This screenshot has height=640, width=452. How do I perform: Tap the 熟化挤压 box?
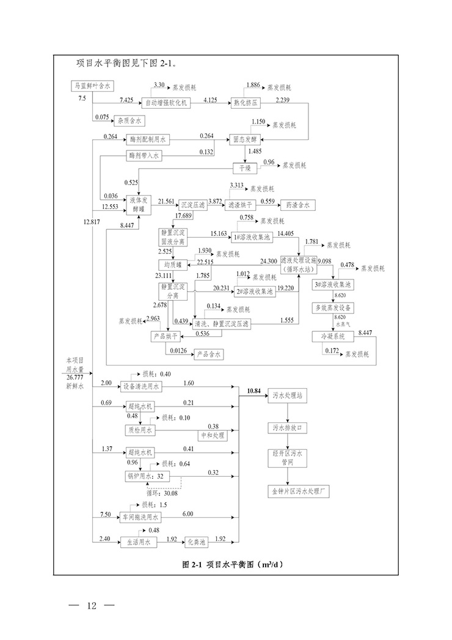coord(246,103)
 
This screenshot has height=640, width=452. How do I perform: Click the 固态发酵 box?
coord(246,139)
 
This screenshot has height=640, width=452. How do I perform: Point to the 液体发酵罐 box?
coord(140,204)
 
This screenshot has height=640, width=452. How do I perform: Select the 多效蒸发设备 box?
coord(334,307)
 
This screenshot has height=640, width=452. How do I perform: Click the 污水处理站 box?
coord(287,396)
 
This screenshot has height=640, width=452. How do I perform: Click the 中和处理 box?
coord(213,436)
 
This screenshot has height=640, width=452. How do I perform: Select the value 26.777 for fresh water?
coord(76,378)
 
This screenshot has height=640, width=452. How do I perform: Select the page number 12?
coord(92,606)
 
